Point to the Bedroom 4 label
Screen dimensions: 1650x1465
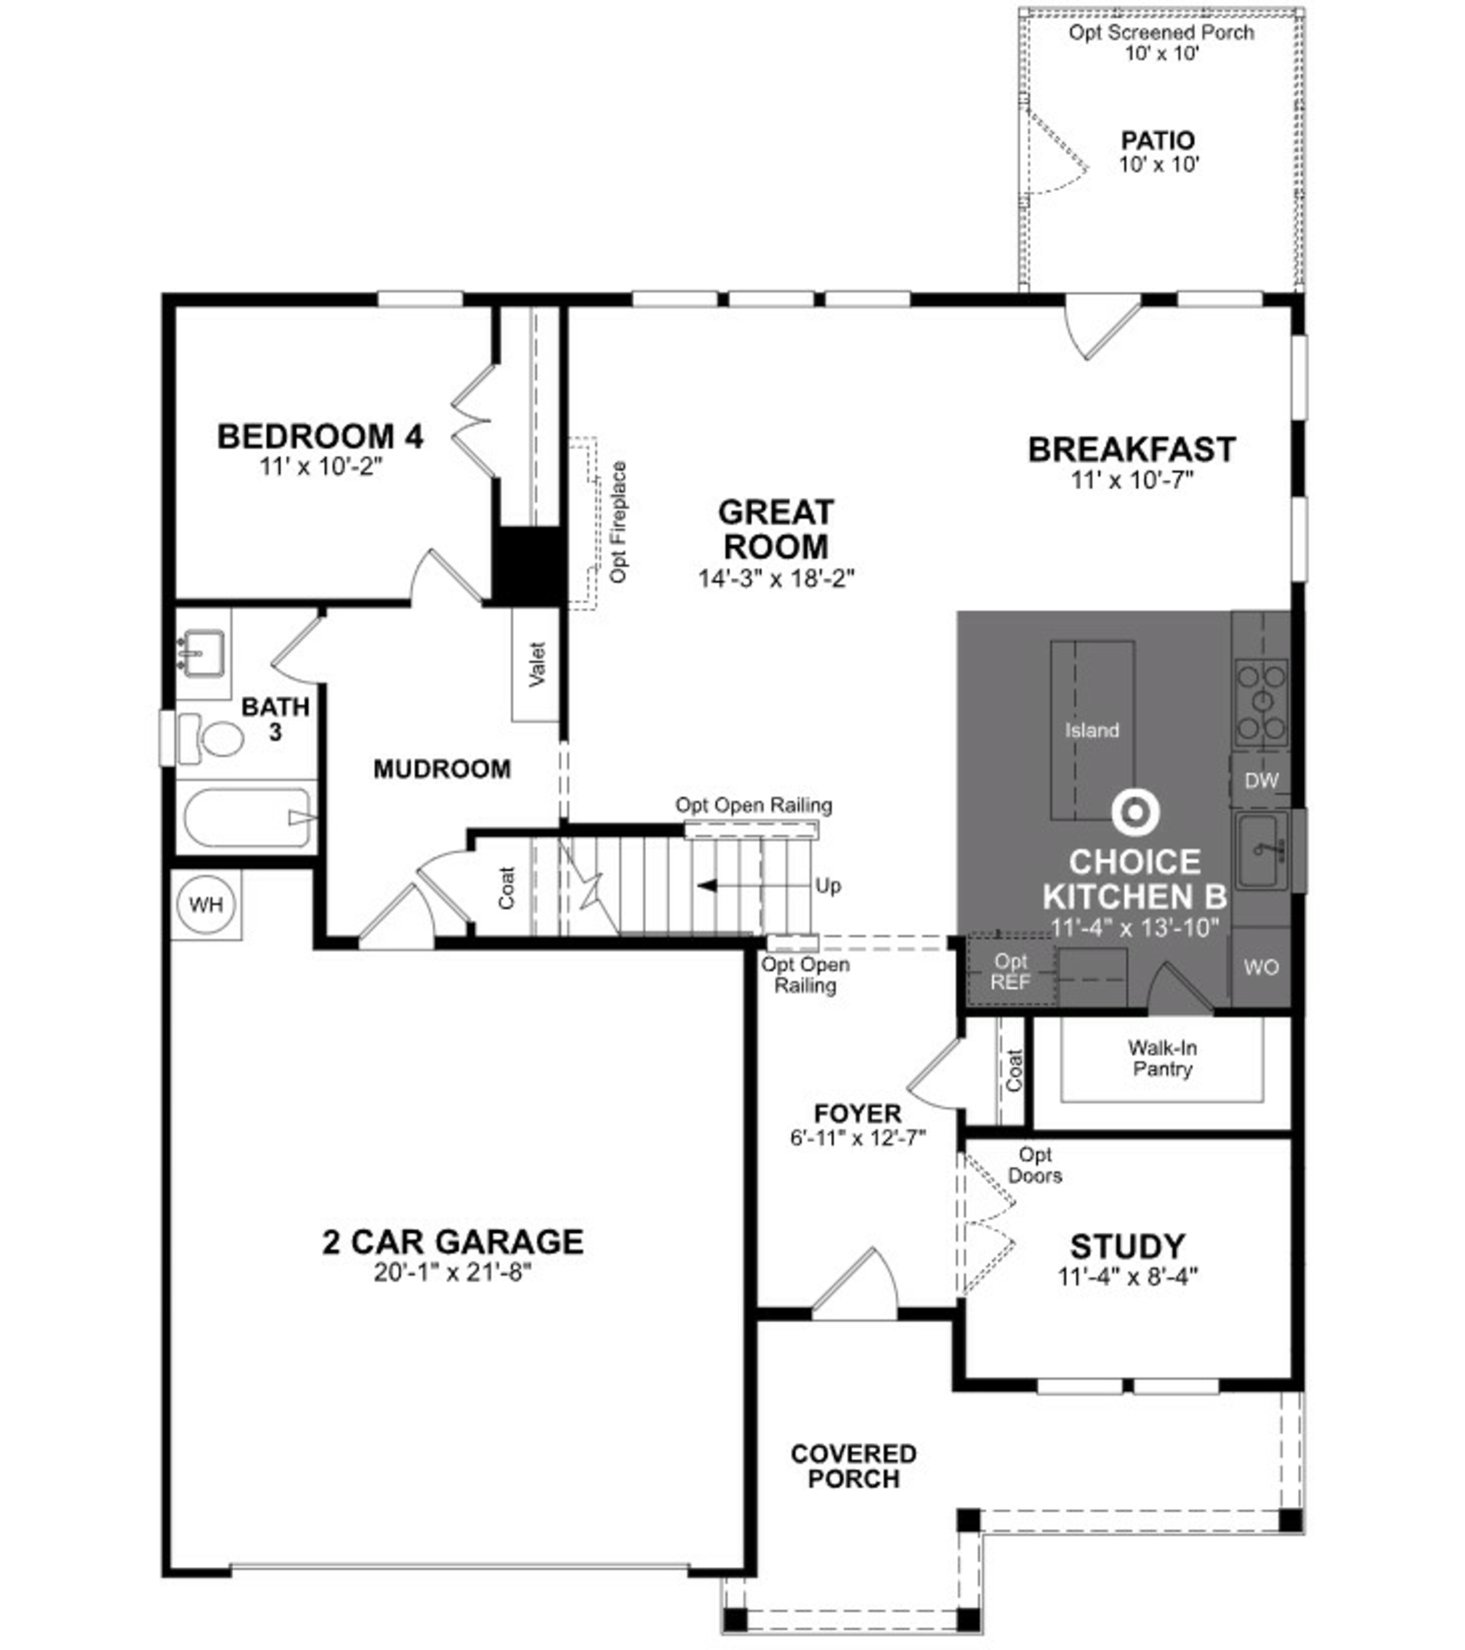(x=320, y=437)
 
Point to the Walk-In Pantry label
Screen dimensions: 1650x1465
(x=1162, y=1058)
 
